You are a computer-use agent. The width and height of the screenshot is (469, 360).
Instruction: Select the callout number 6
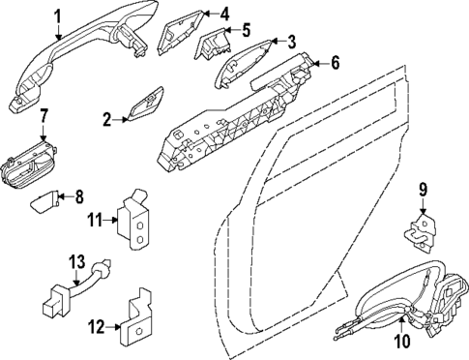[335, 64]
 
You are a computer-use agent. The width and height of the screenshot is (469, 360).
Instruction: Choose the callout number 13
[76, 261]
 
